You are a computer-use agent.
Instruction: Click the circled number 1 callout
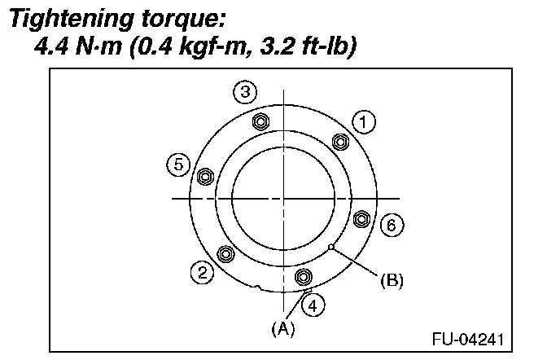coord(363,122)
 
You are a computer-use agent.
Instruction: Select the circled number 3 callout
coord(244,92)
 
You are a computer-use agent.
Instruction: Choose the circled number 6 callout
coord(391,225)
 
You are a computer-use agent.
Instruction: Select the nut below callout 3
coord(260,122)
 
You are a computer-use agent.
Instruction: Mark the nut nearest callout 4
coord(304,276)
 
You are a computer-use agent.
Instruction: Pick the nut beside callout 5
coord(205,176)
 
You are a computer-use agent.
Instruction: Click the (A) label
coord(283,328)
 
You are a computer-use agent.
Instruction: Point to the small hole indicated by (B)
coord(331,246)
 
